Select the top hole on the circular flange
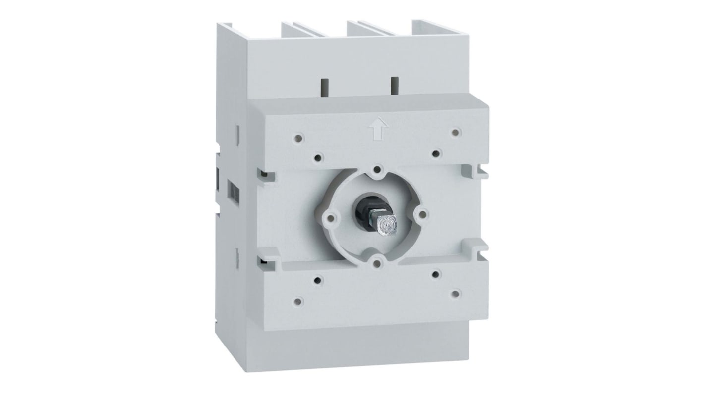[x=378, y=170]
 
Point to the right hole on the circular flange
[x=422, y=213]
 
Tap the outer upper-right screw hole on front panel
[x=456, y=132]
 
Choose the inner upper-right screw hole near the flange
[x=435, y=154]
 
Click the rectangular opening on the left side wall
[x=231, y=189]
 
